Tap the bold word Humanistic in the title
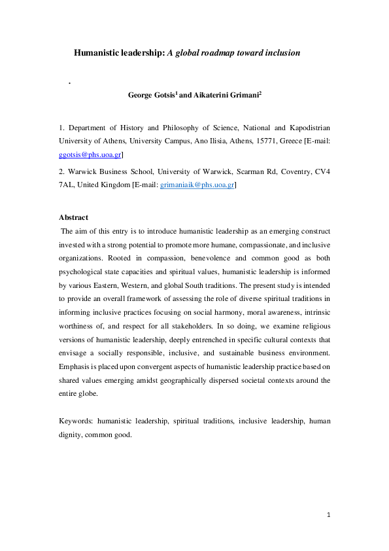click(95, 53)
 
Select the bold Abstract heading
click(73, 217)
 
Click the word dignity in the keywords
click(70, 435)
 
